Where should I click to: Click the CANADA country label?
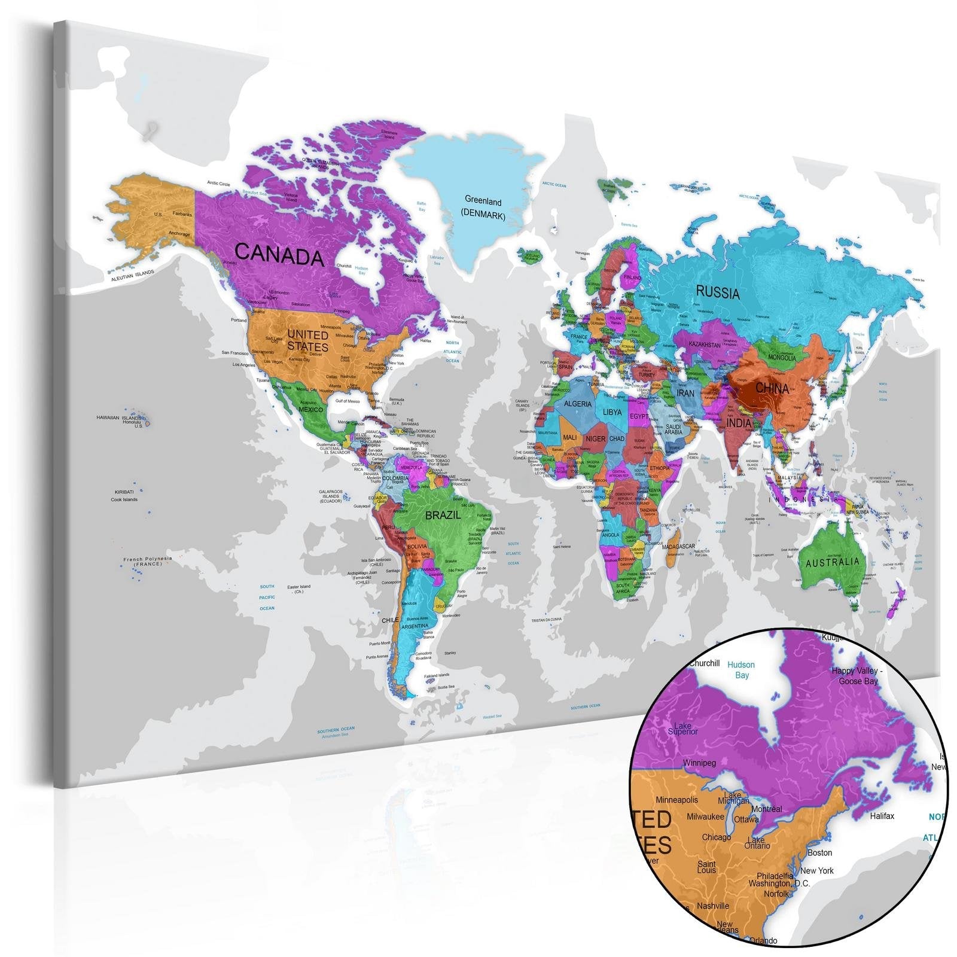coord(279,255)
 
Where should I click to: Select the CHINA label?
coord(772,388)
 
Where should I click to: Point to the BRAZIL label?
coord(443,515)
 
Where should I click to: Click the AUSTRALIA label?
coord(832,563)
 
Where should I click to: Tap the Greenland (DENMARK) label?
coord(483,209)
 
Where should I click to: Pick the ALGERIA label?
coord(578,404)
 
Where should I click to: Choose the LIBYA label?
coord(612,412)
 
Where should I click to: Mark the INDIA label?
coord(739,423)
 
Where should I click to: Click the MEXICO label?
coord(310,410)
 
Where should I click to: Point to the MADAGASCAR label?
coord(678,546)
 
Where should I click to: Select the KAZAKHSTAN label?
coord(705,345)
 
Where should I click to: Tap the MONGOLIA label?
coord(782,358)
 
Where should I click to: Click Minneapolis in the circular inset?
coord(676,800)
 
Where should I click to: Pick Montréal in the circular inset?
coord(766,809)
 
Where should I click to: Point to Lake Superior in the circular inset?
coord(682,728)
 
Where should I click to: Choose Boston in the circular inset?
coord(819,852)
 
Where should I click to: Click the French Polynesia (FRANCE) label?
coord(147,561)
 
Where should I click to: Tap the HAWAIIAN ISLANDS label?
coord(119,417)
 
